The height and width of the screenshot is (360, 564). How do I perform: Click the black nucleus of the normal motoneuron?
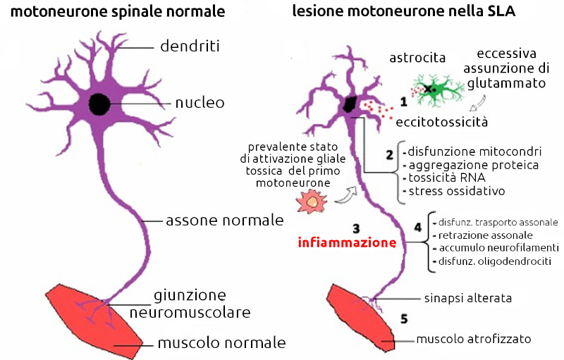99,104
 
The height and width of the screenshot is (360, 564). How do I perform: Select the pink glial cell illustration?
309,203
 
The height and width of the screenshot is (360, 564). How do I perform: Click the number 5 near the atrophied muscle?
404,318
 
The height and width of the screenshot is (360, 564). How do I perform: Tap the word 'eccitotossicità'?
441,122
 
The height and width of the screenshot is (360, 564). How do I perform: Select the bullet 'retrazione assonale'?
486,235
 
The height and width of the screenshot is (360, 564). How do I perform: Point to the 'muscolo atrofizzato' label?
473,339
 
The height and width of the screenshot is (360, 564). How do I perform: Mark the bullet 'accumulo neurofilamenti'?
498,248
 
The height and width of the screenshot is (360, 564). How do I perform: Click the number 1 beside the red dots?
404,102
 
